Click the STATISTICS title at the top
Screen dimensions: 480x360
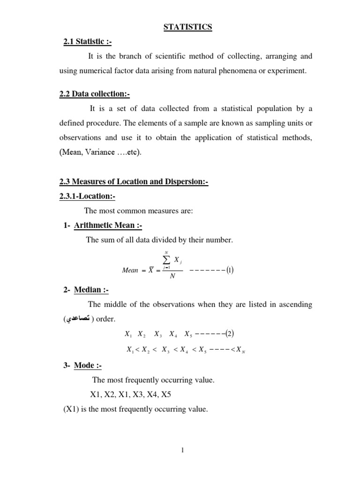[x=187, y=27]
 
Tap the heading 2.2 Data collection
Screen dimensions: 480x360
[x=94, y=94]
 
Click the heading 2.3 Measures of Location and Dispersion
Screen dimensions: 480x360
[x=134, y=182]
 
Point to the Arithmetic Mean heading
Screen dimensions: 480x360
[x=108, y=225]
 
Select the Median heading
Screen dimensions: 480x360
[x=91, y=290]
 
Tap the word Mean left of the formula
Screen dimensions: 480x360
[x=130, y=270]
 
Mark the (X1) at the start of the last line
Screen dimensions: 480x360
[x=72, y=409]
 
